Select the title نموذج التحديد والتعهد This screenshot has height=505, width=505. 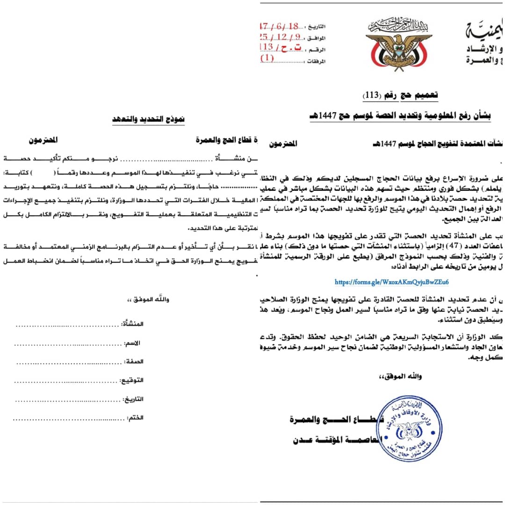coord(149,119)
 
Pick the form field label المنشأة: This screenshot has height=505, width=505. coord(133,324)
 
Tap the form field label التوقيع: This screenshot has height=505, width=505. coord(133,381)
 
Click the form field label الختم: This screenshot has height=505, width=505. coord(135,418)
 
